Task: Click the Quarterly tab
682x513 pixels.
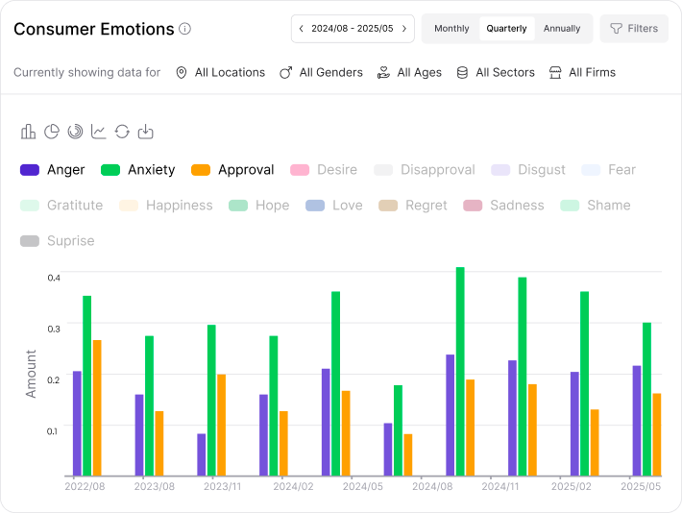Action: click(506, 29)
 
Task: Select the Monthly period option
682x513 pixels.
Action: click(451, 29)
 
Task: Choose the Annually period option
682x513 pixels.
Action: click(562, 29)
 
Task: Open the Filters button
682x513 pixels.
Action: click(634, 29)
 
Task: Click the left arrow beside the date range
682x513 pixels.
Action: click(302, 29)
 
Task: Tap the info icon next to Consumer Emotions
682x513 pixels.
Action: click(185, 29)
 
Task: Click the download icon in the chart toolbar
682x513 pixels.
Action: click(145, 132)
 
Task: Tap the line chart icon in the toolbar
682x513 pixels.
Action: click(99, 132)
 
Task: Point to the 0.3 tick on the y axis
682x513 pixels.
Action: click(54, 328)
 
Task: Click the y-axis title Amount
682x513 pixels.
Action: click(31, 374)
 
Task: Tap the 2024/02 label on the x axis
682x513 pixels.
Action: click(294, 487)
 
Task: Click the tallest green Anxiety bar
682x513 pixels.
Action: click(460, 371)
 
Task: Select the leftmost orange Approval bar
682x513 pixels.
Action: click(97, 407)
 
